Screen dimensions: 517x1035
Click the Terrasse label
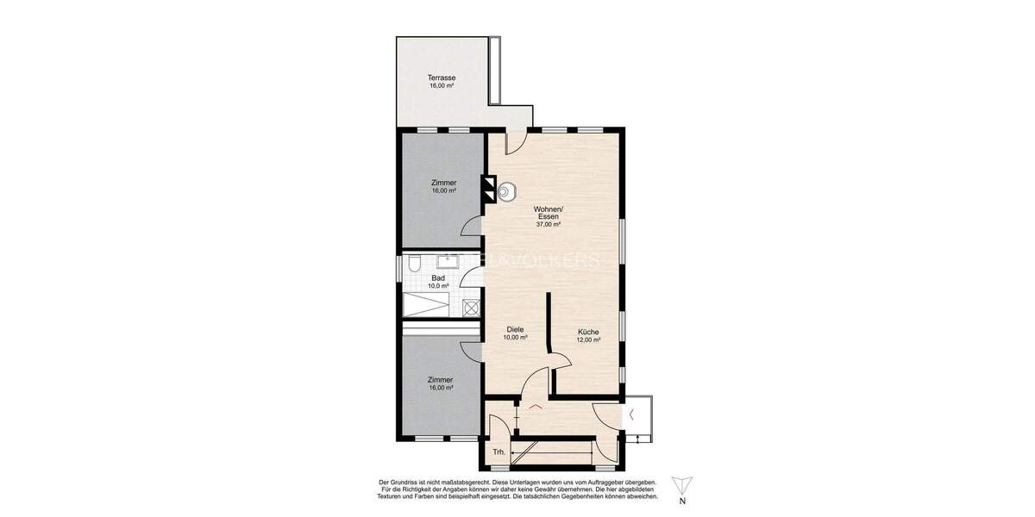442,78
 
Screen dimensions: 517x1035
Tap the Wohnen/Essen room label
549,213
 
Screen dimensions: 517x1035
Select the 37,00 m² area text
549,224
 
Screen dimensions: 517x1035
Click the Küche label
588,332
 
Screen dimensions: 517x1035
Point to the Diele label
516,329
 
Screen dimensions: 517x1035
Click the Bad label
438,277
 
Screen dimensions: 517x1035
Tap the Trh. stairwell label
499,452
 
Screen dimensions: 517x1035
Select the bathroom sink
448,259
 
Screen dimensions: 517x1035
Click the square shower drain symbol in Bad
470,307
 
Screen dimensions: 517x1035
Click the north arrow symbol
682,484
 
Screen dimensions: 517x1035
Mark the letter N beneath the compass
682,501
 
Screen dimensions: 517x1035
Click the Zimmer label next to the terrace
443,183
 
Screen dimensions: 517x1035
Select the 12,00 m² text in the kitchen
588,340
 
